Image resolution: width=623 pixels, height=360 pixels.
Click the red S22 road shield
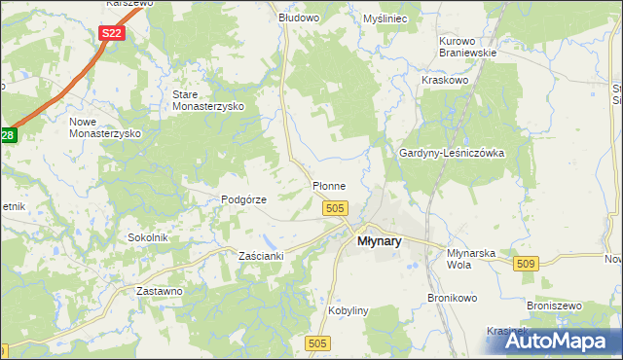pos(112,33)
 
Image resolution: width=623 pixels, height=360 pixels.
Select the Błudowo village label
pos(299,18)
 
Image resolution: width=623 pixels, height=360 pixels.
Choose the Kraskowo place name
pos(445,80)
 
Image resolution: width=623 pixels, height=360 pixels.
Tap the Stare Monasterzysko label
pos(207,100)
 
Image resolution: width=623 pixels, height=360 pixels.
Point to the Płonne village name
pos(327,185)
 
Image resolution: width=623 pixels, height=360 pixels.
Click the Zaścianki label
pos(261,256)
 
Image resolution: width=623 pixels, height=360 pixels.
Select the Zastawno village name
pos(160,291)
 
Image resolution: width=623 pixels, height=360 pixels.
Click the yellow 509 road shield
pos(528,264)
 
